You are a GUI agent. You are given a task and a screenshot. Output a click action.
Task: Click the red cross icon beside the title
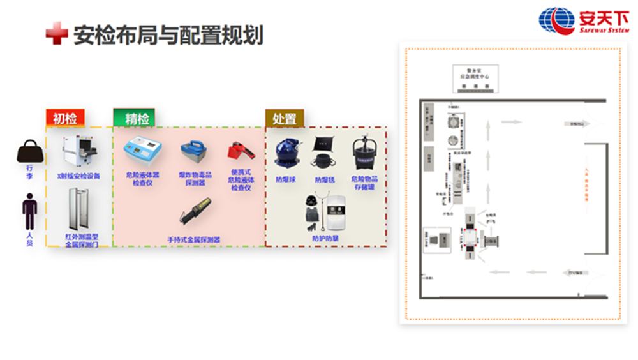[56, 34]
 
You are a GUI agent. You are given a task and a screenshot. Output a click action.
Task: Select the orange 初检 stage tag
[65, 118]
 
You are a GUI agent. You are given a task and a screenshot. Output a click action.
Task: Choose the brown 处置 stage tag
[285, 118]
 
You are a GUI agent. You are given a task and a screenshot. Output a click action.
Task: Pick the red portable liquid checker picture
[240, 152]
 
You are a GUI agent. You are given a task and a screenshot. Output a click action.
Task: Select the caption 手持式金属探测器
[193, 239]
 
